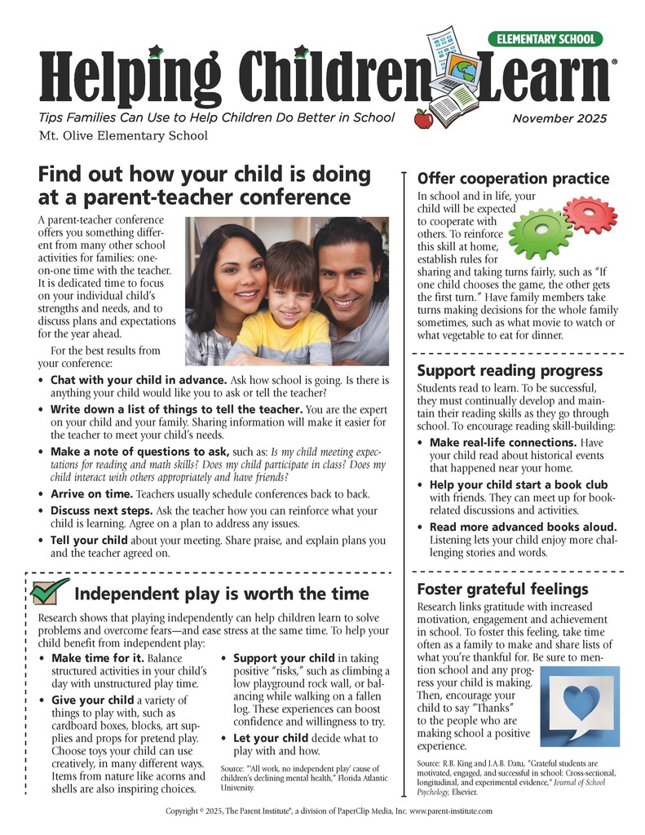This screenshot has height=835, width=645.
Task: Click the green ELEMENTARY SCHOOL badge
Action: pos(546,38)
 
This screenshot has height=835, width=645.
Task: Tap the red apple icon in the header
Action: pos(423,120)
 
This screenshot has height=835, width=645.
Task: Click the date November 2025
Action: pos(559,119)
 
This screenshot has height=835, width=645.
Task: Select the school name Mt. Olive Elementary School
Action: pos(122,135)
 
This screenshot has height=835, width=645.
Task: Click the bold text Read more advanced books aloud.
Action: pos(523,527)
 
